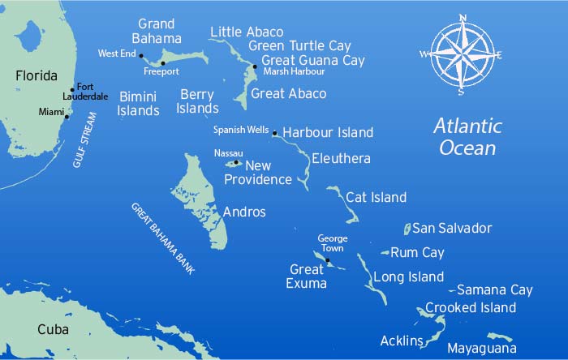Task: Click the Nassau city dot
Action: click(236, 162)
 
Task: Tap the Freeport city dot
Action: click(163, 62)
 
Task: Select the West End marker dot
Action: click(141, 56)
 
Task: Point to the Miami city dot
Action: click(67, 116)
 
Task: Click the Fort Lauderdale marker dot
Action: click(72, 90)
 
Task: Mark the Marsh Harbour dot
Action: click(255, 67)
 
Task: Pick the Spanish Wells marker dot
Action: click(275, 133)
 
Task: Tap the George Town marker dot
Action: click(328, 259)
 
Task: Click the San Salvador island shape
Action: click(408, 229)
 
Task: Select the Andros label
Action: click(243, 212)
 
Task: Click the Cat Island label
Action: click(376, 197)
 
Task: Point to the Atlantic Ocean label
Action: click(467, 137)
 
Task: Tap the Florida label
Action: click(37, 76)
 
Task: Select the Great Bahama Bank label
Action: click(163, 238)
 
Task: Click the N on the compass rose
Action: click(462, 17)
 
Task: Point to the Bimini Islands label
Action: click(139, 103)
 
